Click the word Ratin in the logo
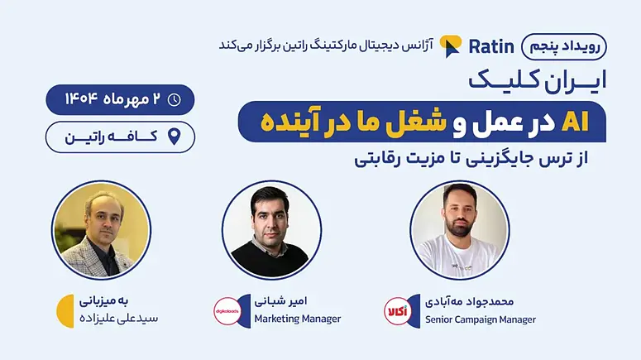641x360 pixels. (491, 46)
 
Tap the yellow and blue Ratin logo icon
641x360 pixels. (451, 46)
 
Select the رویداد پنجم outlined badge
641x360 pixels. (564, 46)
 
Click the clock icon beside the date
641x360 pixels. (175, 99)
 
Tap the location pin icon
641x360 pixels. (175, 137)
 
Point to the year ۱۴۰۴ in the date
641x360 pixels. (81, 99)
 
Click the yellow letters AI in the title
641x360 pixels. (575, 122)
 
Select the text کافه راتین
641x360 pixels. (111, 137)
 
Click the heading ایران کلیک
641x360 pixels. (537, 80)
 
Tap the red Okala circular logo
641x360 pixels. (397, 311)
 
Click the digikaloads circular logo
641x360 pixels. (227, 311)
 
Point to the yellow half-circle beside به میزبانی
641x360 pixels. (65, 311)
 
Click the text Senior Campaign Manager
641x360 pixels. (481, 319)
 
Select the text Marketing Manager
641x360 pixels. (298, 319)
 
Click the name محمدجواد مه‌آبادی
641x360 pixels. (469, 302)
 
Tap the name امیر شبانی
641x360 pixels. (280, 301)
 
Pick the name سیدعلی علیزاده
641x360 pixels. (118, 319)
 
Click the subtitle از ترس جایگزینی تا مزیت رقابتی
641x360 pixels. (471, 159)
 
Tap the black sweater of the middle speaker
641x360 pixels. (270, 259)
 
